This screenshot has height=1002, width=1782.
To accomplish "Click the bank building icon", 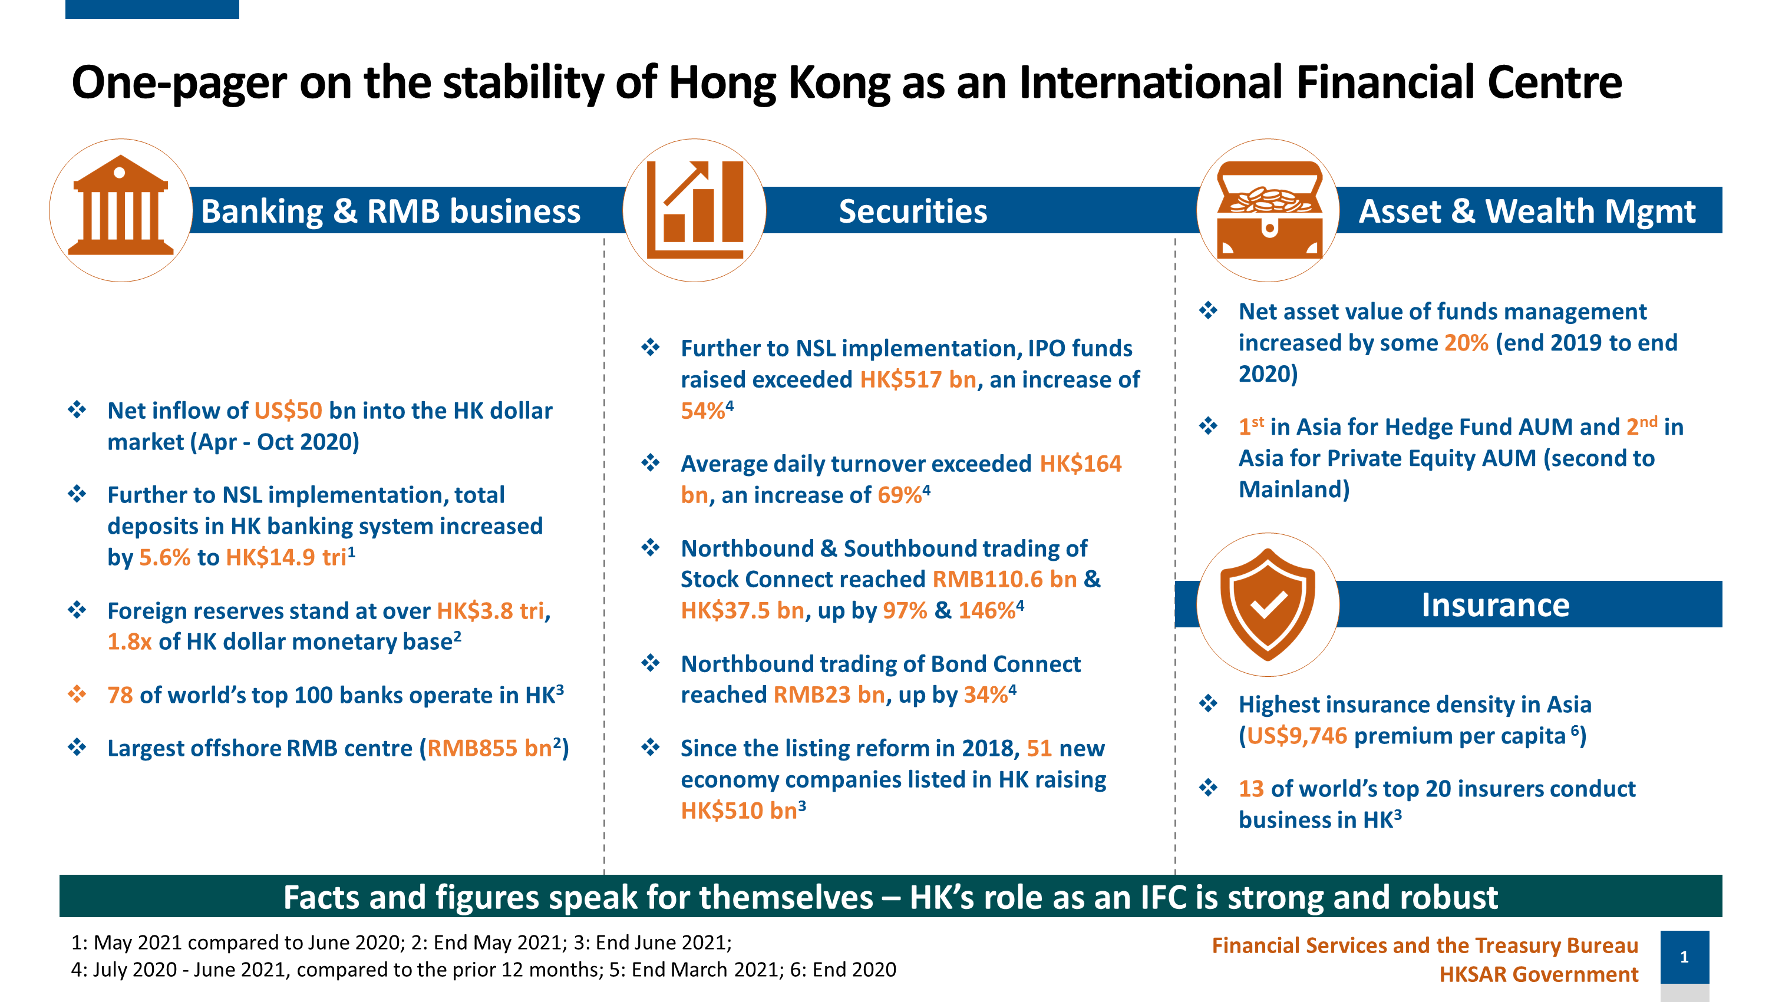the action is tap(120, 206).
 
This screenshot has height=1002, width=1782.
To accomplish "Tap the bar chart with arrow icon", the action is tap(695, 210).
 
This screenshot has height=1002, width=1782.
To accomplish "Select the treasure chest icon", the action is tap(1269, 210).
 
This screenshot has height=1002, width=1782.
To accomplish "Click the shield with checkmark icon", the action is tap(1268, 604).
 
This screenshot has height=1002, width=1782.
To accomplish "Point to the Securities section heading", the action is tap(912, 211).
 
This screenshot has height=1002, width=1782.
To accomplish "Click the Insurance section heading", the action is tap(1495, 605).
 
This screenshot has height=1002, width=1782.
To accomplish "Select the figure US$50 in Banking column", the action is tap(288, 411).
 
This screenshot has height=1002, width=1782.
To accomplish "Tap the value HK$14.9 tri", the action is tap(286, 557).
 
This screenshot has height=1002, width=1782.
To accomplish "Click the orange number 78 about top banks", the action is tap(120, 695).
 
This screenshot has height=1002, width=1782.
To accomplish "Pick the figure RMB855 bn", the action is tap(489, 748).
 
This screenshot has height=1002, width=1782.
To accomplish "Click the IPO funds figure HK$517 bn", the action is tap(918, 379).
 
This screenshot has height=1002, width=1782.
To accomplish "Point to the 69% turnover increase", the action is tap(899, 495).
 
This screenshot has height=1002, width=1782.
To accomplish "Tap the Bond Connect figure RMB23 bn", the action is tap(829, 695).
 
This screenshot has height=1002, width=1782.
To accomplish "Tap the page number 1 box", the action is tap(1684, 957).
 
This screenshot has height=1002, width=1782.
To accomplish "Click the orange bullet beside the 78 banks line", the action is tap(77, 693).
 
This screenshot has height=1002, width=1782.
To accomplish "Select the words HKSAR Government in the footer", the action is tap(1539, 974).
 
